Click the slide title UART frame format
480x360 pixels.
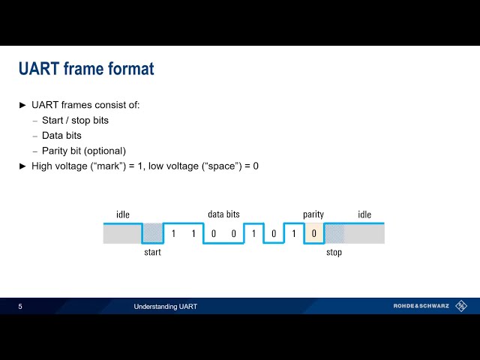pyautogui.click(x=86, y=69)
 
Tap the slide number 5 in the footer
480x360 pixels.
pyautogui.click(x=20, y=307)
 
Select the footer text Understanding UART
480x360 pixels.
pyautogui.click(x=166, y=307)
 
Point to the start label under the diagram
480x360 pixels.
pyautogui.click(x=152, y=253)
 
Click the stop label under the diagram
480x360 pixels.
pyautogui.click(x=334, y=253)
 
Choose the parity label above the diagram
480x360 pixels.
pyautogui.click(x=313, y=215)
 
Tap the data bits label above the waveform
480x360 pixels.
pyautogui.click(x=223, y=215)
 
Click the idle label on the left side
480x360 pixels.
pyautogui.click(x=123, y=215)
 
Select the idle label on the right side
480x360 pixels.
pyautogui.click(x=364, y=215)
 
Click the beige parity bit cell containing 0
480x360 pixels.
pyautogui.click(x=314, y=234)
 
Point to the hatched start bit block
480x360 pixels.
pyautogui.click(x=152, y=234)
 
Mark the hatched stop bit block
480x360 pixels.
pyautogui.click(x=334, y=234)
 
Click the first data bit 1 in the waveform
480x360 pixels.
pyautogui.click(x=173, y=234)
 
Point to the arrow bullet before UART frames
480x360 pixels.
pyautogui.click(x=22, y=105)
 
